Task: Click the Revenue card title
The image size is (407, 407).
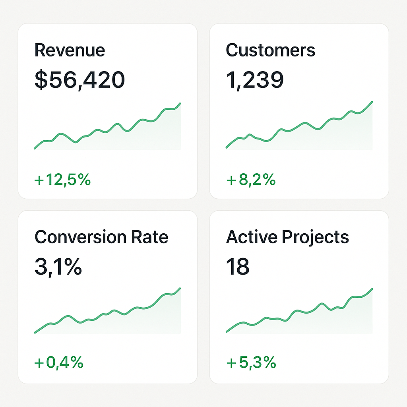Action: [x=70, y=50]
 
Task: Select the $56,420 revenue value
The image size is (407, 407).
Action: [x=79, y=79]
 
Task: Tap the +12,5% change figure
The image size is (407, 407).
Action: [x=62, y=180]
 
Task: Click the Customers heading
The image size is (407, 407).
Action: [x=270, y=50]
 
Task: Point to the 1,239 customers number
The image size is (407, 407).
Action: [x=254, y=79]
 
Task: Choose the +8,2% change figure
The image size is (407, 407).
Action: [x=251, y=180]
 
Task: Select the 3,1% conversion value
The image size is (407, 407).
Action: [x=58, y=266]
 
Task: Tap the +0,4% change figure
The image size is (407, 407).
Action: [x=59, y=362]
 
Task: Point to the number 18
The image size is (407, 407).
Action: [x=238, y=266]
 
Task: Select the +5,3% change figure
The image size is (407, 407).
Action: [x=251, y=362]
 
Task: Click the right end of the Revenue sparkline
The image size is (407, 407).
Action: [x=180, y=103]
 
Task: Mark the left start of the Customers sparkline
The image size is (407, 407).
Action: [x=227, y=147]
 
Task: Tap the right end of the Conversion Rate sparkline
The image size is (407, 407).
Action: [x=180, y=288]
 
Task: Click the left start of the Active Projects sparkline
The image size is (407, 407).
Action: [x=227, y=331]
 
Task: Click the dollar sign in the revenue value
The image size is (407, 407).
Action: [x=41, y=79]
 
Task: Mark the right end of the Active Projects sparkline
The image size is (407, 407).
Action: [x=372, y=289]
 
